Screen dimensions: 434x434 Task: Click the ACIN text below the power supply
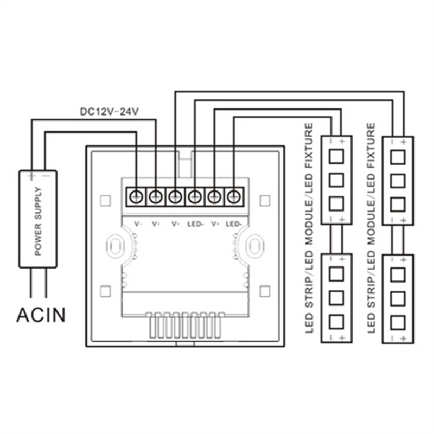[x=41, y=314]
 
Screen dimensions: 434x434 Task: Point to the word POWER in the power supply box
[x=38, y=239]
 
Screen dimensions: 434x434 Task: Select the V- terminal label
[x=137, y=224]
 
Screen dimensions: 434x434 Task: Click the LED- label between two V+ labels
[x=195, y=224]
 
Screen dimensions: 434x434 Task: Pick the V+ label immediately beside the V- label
[x=156, y=224]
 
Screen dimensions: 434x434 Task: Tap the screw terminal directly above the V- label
[x=136, y=196]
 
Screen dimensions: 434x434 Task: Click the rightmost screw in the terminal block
[x=234, y=196]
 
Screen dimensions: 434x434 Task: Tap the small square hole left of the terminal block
[x=105, y=201]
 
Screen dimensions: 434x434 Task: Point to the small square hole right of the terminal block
[x=265, y=201]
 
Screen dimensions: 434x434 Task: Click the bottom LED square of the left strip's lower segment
[x=337, y=320]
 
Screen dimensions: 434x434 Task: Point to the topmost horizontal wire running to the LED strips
[x=288, y=92]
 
